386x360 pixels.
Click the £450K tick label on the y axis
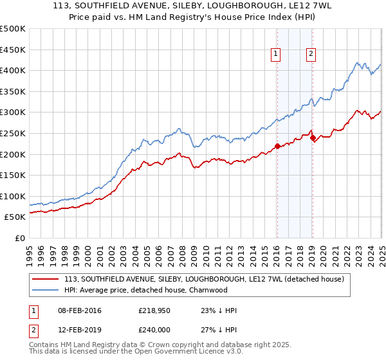point(13,49)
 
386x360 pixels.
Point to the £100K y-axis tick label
point(13,196)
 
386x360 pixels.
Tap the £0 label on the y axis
point(19,239)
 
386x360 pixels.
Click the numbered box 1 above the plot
point(275,55)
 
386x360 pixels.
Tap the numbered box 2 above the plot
point(311,55)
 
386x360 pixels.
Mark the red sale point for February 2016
point(277,146)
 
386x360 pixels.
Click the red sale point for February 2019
point(312,137)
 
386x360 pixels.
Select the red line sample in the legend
point(45,279)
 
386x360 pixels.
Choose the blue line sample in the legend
point(45,290)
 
